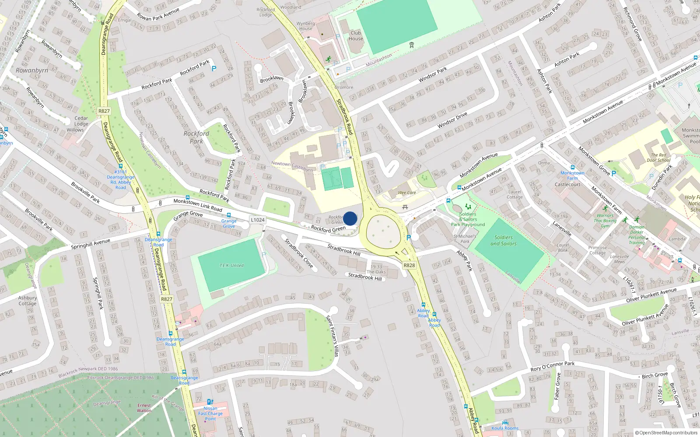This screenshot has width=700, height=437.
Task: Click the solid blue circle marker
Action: tap(350, 218)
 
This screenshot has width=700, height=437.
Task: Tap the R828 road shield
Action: tap(409, 265)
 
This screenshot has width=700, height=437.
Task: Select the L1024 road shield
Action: tap(258, 220)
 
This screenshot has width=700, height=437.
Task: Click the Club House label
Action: tap(356, 35)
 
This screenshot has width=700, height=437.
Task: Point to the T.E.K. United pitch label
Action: tap(231, 265)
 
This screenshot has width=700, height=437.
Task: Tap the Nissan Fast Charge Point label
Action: tap(210, 413)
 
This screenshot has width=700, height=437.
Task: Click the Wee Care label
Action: tap(407, 193)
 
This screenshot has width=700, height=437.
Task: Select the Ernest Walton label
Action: tap(144, 408)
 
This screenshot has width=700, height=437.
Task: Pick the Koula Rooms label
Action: tap(505, 428)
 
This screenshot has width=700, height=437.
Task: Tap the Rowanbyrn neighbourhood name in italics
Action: tap(32, 70)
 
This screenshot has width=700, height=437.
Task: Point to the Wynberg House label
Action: tap(305, 26)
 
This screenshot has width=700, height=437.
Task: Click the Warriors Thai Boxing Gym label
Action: tap(605, 221)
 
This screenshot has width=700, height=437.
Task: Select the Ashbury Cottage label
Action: tap(28, 301)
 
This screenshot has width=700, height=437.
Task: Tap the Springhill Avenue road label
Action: tap(91, 244)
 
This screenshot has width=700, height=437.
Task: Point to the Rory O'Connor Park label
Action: tap(553, 366)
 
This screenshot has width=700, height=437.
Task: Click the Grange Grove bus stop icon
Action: tap(229, 215)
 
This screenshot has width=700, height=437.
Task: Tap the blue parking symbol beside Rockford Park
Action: tap(214, 69)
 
